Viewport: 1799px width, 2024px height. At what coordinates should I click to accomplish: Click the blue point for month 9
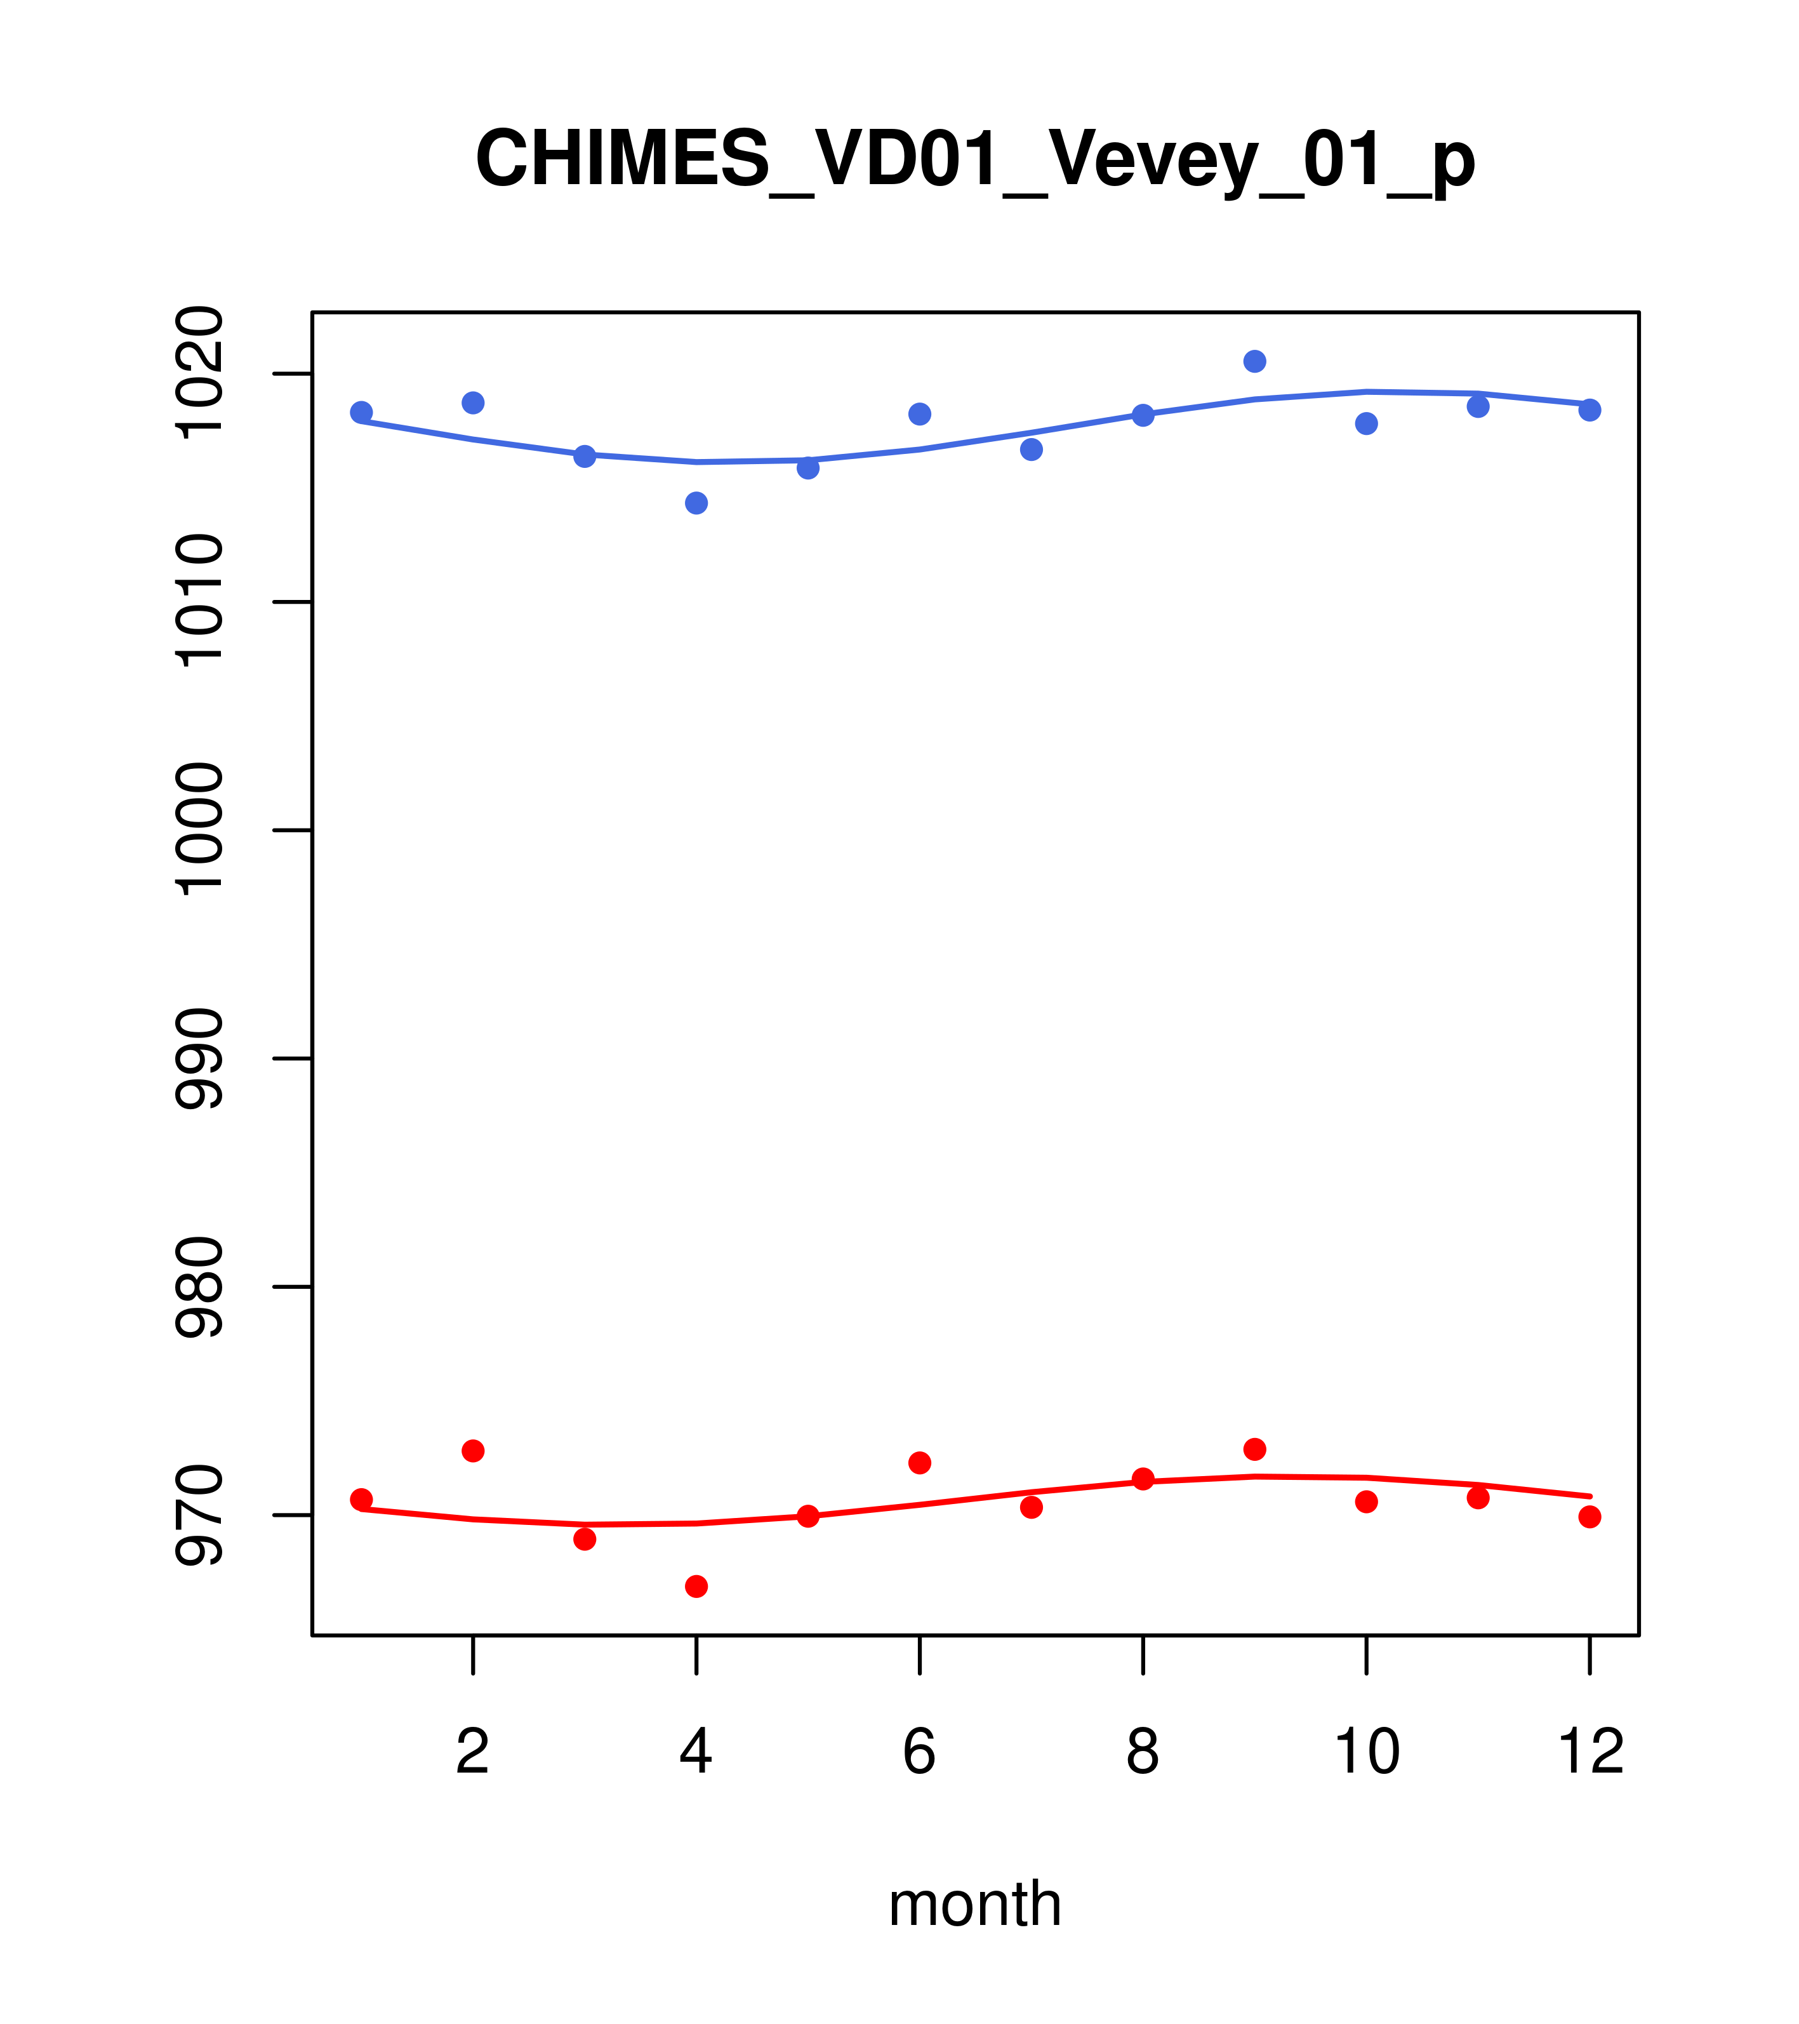pyautogui.click(x=1254, y=361)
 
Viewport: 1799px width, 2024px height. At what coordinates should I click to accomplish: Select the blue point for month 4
pyautogui.click(x=696, y=503)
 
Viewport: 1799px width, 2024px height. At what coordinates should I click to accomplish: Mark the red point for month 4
pyautogui.click(x=696, y=1587)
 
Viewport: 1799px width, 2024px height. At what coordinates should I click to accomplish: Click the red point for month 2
pyautogui.click(x=474, y=1451)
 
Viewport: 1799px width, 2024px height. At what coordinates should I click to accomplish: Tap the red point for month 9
pyautogui.click(x=1254, y=1449)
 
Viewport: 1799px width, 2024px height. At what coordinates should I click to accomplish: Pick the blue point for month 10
pyautogui.click(x=1366, y=424)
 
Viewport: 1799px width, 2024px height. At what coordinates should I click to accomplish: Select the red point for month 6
pyautogui.click(x=920, y=1463)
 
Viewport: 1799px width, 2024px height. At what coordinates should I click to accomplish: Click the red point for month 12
pyautogui.click(x=1590, y=1517)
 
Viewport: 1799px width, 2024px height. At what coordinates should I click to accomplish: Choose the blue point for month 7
pyautogui.click(x=1032, y=449)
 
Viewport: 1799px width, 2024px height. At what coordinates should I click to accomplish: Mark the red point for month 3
pyautogui.click(x=585, y=1539)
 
